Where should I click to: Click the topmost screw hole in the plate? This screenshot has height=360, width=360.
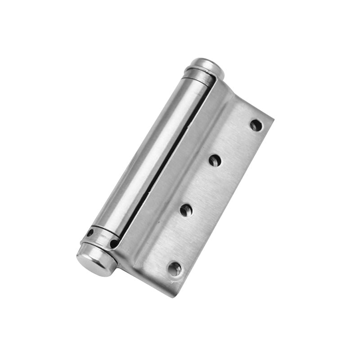click(256, 125)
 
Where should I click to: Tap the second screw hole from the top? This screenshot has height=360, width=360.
click(215, 160)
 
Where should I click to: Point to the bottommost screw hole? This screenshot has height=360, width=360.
click(174, 269)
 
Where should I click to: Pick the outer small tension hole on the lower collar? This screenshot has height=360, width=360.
click(90, 233)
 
